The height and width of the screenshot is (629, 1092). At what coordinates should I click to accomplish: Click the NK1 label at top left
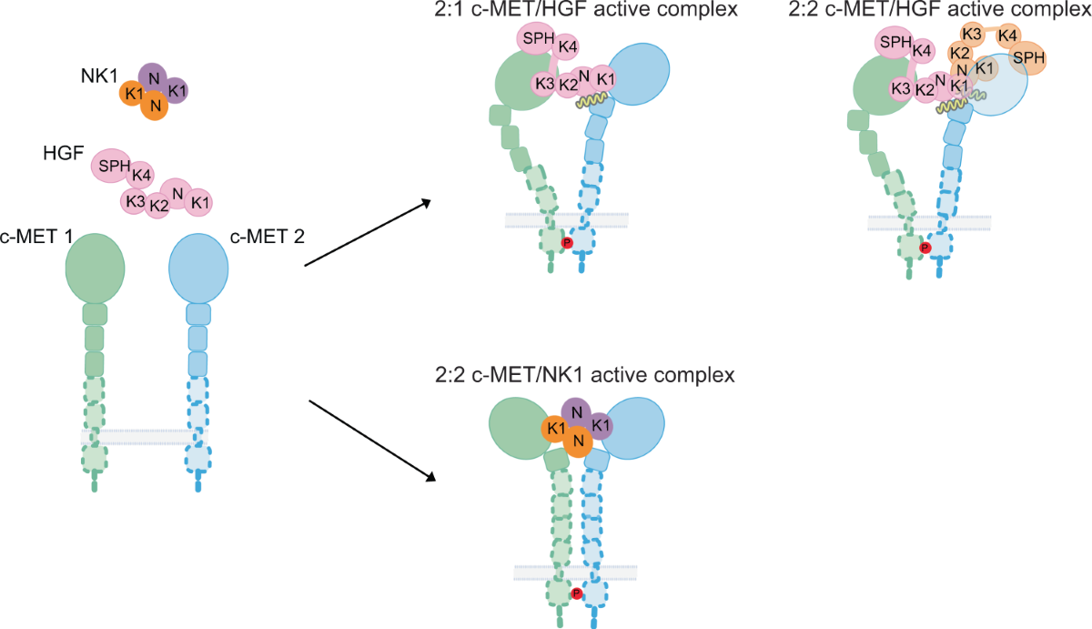coord(99,76)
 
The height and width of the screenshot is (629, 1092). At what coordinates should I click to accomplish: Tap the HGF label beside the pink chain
coord(64,153)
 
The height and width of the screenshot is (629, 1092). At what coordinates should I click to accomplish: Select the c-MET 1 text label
coord(36,237)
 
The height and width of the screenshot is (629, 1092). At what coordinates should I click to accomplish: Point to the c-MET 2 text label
coord(268,237)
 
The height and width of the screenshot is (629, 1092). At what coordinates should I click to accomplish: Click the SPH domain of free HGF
coord(113,166)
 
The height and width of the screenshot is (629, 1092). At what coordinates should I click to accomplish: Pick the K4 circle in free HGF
coord(140,175)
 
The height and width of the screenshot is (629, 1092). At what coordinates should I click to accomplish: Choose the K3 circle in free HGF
coord(135,201)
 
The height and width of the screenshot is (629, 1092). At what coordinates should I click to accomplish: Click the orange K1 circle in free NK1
coord(133,94)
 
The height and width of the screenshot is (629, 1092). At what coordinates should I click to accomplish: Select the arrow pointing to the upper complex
coord(368,233)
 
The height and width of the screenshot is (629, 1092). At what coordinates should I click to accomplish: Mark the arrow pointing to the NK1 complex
coord(372,441)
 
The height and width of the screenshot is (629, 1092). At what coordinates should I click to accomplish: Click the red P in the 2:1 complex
coord(567,243)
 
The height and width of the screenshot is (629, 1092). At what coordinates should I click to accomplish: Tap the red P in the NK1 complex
coord(576,593)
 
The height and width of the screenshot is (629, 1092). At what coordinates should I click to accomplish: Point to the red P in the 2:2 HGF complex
coord(925,249)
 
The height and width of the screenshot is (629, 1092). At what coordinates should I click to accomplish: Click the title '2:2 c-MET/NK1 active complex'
coord(585,375)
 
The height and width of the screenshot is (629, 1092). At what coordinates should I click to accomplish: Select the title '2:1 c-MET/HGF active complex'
coord(586,10)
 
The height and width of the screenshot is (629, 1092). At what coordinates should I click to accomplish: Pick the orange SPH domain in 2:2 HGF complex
coord(1027,58)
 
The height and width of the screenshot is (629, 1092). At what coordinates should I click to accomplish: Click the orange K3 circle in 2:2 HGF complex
coord(972,35)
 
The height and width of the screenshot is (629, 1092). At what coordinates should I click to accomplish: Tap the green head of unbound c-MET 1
coord(95,269)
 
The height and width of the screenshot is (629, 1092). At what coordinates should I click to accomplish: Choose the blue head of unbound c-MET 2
coord(198,269)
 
